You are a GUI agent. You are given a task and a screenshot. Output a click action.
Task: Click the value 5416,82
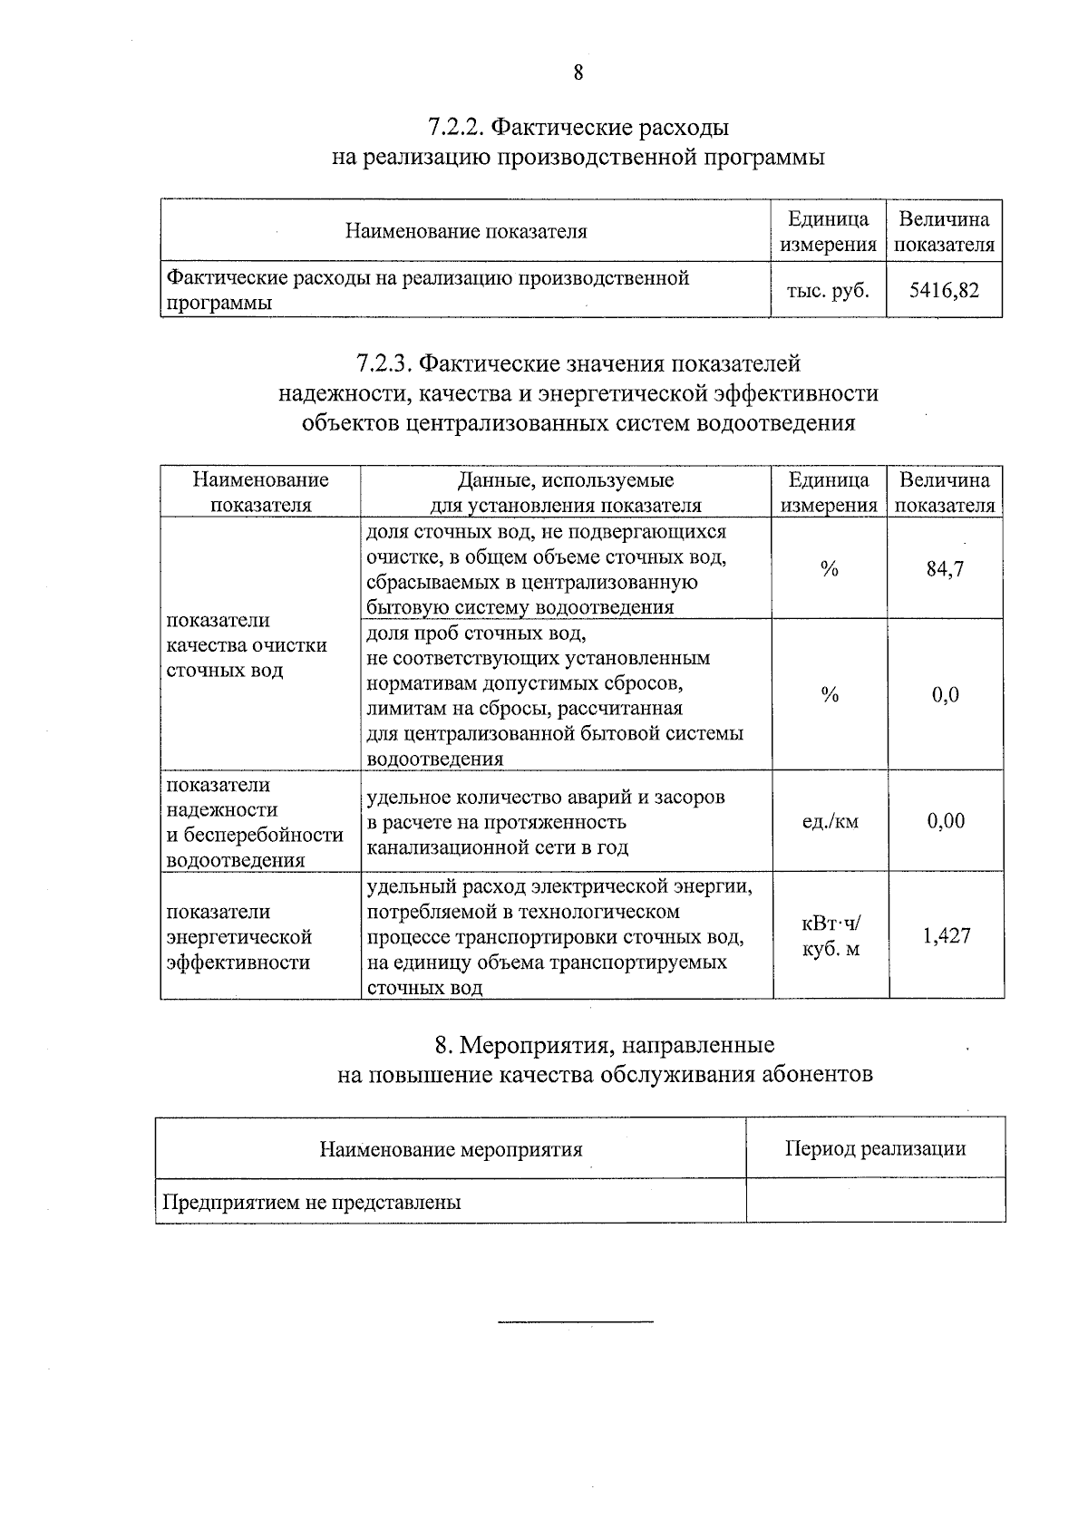tap(944, 290)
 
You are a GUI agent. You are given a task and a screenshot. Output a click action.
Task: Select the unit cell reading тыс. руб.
tap(828, 290)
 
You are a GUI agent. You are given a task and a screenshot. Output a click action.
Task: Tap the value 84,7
tap(945, 569)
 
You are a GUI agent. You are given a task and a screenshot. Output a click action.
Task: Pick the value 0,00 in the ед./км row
tap(946, 821)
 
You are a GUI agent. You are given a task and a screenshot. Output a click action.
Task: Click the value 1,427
tap(947, 935)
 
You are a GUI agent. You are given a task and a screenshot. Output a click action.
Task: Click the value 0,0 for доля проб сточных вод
tap(945, 695)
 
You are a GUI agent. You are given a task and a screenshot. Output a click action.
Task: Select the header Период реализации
tap(875, 1148)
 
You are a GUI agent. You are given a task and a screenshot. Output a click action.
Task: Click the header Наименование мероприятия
tap(451, 1149)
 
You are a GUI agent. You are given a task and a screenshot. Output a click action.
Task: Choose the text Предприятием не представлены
tap(311, 1202)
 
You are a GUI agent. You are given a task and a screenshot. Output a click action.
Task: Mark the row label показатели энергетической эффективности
tap(239, 936)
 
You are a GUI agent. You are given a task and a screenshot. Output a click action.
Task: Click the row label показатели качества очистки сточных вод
tap(247, 645)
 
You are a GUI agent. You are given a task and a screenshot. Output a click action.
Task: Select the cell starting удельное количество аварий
tap(545, 822)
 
